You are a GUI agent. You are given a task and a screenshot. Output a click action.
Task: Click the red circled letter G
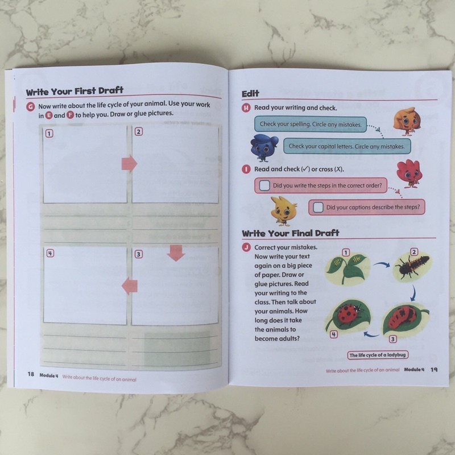[31, 106]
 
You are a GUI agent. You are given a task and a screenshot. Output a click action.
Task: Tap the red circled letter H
[246, 108]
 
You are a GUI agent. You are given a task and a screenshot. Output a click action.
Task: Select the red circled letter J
[246, 247]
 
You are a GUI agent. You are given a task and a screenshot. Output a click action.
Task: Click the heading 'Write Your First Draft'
[75, 91]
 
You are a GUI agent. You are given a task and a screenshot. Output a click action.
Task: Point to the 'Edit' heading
[250, 93]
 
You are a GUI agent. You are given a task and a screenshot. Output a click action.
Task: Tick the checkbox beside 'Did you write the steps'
[264, 185]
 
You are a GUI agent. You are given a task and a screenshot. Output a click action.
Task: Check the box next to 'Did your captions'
[318, 207]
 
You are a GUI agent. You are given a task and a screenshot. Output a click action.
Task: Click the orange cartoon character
[407, 122]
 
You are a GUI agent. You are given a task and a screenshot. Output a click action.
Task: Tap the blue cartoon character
[263, 148]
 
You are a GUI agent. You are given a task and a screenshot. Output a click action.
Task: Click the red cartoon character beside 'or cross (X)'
[409, 173]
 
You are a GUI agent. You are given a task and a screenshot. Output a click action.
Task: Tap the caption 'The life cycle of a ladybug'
[378, 355]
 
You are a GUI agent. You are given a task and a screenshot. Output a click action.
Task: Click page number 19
[434, 369]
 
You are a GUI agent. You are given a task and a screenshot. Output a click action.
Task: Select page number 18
[31, 374]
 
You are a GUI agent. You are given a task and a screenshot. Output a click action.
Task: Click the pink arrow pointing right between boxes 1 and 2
[129, 163]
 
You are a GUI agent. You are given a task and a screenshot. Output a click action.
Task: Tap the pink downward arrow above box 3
[176, 253]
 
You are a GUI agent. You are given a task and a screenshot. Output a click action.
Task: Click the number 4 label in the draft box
[50, 253]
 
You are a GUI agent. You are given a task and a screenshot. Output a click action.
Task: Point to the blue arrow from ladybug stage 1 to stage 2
[382, 264]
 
